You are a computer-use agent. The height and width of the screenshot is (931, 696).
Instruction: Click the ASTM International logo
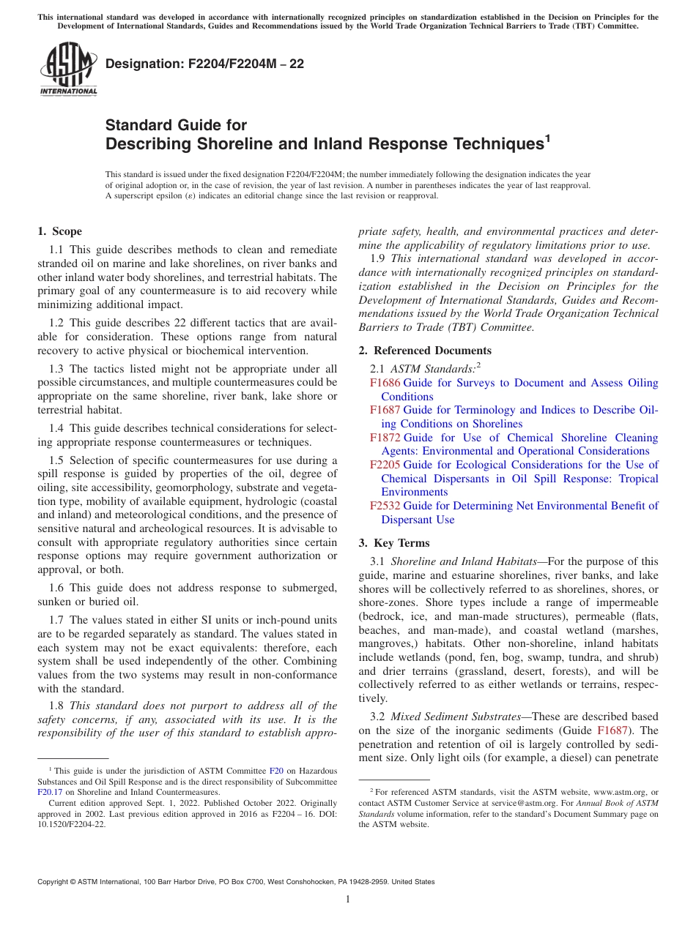tap(67, 70)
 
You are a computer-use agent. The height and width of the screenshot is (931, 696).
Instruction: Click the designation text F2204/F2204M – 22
tap(204, 64)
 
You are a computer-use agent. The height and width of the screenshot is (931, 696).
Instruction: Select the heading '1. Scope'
tap(59, 231)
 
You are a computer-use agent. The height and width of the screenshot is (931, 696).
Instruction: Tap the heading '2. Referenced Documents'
tap(425, 351)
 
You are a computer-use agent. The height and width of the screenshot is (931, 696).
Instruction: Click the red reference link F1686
tap(385, 383)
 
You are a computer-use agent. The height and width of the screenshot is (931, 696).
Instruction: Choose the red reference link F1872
tap(385, 438)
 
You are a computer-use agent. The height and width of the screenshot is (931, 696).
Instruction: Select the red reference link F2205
tap(385, 465)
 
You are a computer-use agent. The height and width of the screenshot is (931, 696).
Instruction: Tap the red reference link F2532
tap(385, 506)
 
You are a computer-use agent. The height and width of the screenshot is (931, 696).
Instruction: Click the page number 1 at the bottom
tap(348, 900)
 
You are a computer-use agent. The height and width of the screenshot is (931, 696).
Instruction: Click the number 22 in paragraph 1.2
tap(152, 323)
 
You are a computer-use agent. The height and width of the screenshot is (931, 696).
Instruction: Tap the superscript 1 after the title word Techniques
tap(547, 137)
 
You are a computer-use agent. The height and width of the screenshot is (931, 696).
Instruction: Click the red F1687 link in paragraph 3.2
tap(612, 730)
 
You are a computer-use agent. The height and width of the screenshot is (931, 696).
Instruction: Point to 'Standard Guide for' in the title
tap(176, 125)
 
